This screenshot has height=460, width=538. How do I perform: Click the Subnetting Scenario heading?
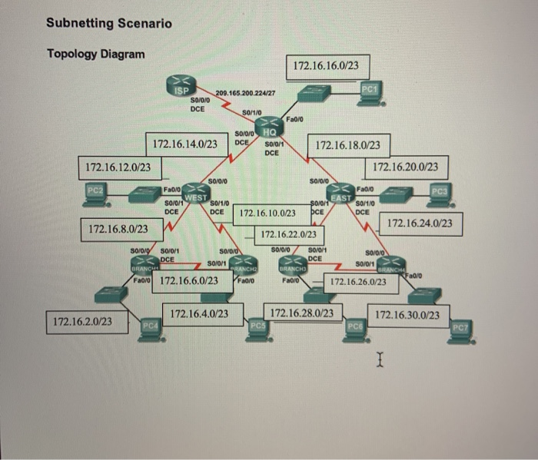(109, 23)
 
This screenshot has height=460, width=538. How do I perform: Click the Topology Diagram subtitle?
(95, 54)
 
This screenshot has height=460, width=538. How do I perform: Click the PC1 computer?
(370, 94)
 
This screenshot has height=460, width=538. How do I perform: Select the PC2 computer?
(95, 194)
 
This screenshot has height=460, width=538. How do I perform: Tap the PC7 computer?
(460, 330)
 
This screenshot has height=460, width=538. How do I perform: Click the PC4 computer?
(150, 329)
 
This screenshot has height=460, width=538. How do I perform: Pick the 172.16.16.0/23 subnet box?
(326, 66)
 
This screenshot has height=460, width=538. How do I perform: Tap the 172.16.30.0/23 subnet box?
(407, 315)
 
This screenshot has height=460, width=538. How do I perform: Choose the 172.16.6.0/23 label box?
(192, 281)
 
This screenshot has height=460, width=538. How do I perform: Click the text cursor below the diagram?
(379, 359)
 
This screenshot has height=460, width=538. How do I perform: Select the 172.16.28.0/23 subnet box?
(302, 313)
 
